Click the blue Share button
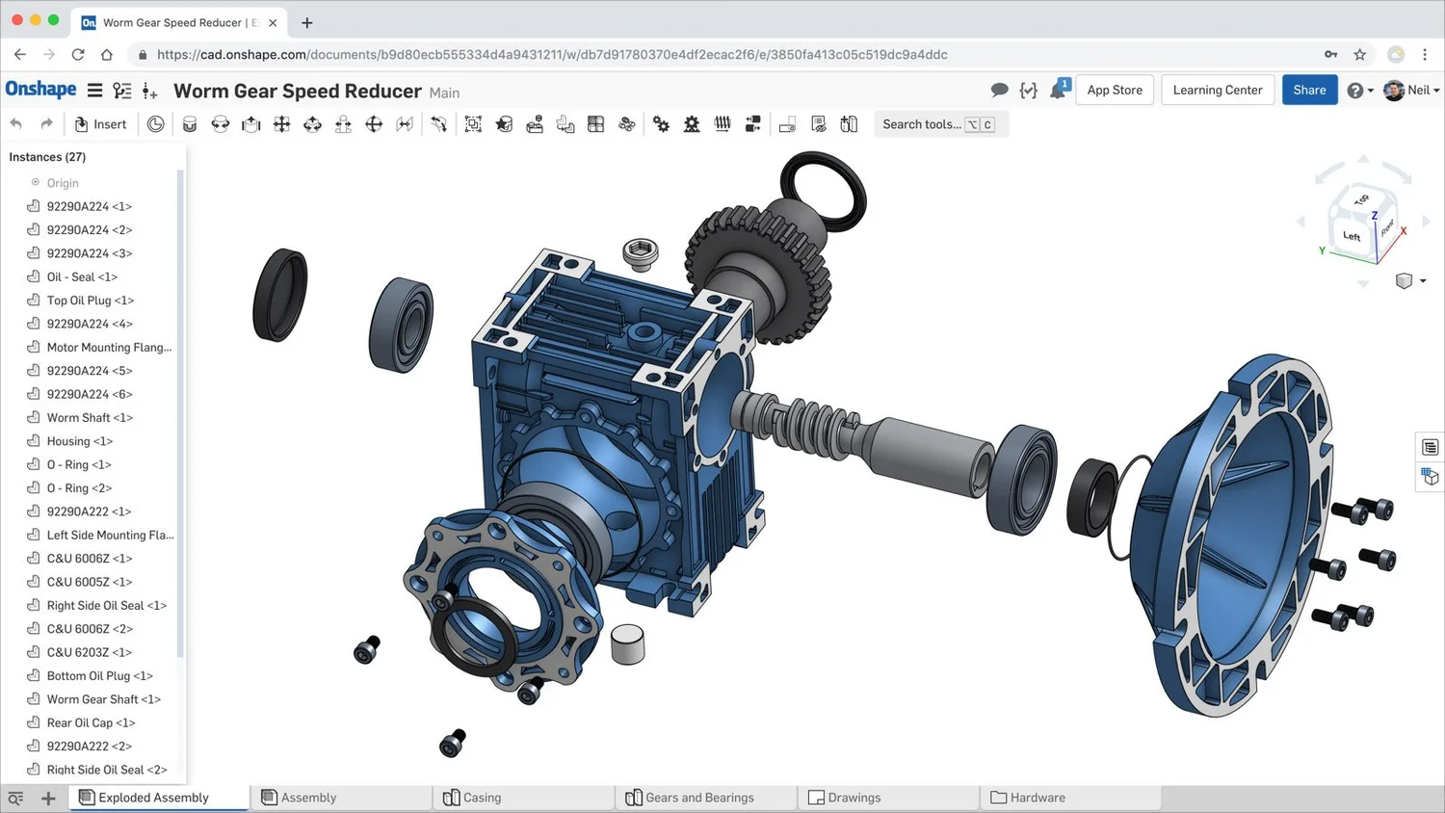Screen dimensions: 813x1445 (x=1309, y=90)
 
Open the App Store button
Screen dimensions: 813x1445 (x=1115, y=90)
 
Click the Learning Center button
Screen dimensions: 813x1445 (x=1218, y=90)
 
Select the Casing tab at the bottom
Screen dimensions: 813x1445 (x=482, y=798)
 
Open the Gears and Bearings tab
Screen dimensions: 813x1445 (x=698, y=798)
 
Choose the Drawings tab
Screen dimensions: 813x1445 (x=854, y=798)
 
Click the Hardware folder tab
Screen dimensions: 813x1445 (x=1037, y=798)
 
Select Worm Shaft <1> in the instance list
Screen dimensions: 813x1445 (x=90, y=417)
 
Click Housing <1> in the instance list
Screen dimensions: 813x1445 (x=79, y=441)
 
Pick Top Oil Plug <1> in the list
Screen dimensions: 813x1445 (x=90, y=301)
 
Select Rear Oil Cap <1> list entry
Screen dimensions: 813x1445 (x=91, y=722)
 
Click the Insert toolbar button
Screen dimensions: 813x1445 (x=101, y=124)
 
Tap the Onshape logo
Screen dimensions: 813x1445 (x=40, y=90)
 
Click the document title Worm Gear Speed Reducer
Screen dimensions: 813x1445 (x=297, y=92)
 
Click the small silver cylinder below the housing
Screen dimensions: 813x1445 (x=627, y=643)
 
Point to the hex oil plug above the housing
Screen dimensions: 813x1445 (x=641, y=253)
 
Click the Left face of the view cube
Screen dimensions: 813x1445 (x=1352, y=236)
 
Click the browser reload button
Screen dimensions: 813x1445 (x=78, y=55)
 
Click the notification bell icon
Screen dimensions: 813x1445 (x=1058, y=91)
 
